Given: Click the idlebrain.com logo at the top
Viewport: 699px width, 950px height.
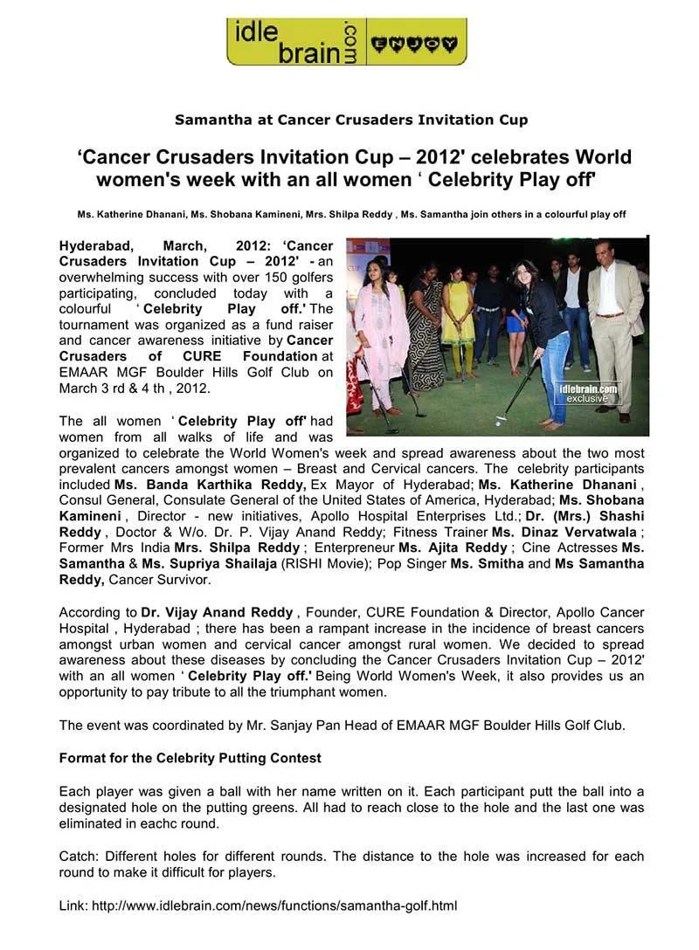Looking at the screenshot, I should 346,41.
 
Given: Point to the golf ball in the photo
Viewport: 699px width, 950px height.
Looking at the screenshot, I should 499,423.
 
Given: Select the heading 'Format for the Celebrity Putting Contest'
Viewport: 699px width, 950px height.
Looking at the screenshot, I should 190,758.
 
